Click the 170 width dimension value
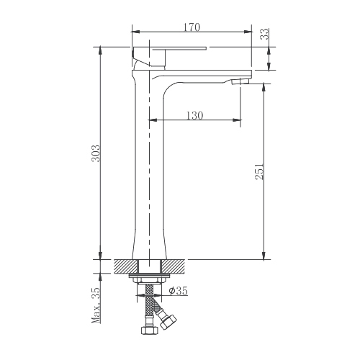click(x=192, y=27)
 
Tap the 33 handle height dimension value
click(x=265, y=34)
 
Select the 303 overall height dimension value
click(x=96, y=153)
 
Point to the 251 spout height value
click(x=259, y=171)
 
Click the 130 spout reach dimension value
click(x=194, y=115)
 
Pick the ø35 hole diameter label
click(x=178, y=291)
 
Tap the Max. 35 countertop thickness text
click(x=96, y=305)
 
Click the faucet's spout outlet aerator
click(x=240, y=81)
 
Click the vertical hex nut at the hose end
click(x=150, y=330)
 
